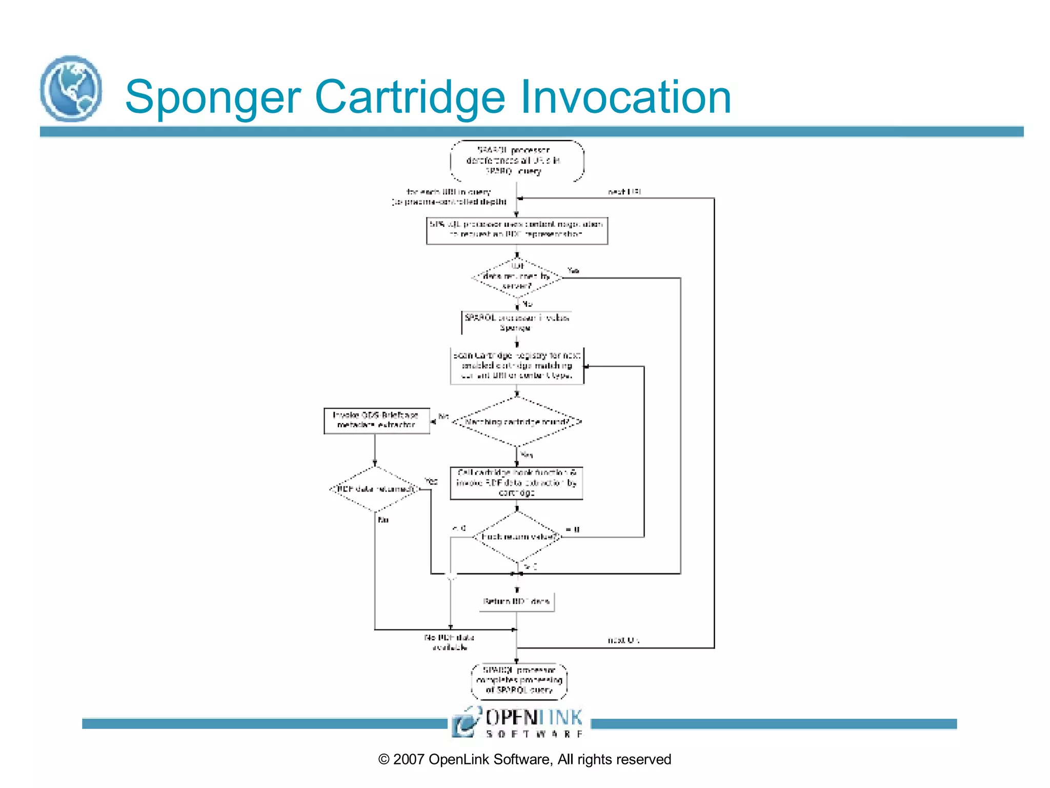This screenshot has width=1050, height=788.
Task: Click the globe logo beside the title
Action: (x=71, y=89)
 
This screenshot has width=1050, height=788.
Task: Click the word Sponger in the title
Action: (x=213, y=97)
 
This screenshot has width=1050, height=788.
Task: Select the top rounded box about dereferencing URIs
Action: (x=517, y=161)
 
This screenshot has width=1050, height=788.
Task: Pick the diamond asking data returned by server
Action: (x=517, y=278)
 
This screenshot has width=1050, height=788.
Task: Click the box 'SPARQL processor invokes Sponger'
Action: (x=517, y=323)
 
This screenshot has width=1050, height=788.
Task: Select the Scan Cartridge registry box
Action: (x=517, y=366)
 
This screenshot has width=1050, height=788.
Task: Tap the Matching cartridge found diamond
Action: (x=517, y=422)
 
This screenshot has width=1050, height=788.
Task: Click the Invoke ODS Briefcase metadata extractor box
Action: (x=376, y=421)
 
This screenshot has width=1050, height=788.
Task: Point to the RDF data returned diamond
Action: (x=375, y=489)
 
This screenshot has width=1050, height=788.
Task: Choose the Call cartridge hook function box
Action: (x=517, y=483)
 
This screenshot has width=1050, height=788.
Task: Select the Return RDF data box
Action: (x=517, y=601)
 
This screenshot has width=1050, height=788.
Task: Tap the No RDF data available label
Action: (x=449, y=642)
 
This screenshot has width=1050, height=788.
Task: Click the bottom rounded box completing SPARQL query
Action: (x=519, y=681)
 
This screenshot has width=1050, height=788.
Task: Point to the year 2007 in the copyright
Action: (x=409, y=760)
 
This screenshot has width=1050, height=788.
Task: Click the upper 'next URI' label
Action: (x=624, y=192)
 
